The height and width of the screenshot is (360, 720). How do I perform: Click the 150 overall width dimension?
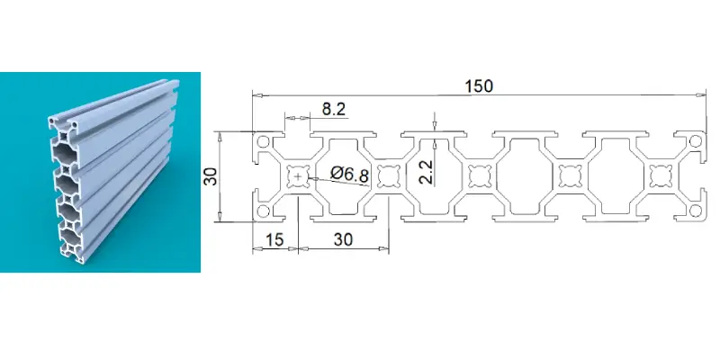(x=479, y=85)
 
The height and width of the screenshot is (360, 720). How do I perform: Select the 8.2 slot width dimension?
(x=333, y=109)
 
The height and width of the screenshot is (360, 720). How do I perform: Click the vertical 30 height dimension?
(x=211, y=176)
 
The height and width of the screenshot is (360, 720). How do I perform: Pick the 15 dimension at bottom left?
(x=274, y=239)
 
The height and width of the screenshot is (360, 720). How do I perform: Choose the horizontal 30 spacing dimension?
(x=344, y=239)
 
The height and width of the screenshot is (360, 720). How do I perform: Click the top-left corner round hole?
(x=263, y=142)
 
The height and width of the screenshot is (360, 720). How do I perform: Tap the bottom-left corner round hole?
(x=263, y=211)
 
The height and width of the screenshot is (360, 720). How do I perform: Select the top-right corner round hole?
(x=696, y=141)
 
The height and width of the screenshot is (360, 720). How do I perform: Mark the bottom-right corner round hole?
(x=696, y=211)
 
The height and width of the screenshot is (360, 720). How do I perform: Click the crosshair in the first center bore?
(x=299, y=176)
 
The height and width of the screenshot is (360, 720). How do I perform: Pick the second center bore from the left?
(x=389, y=176)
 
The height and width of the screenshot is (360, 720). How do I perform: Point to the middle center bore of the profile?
(x=480, y=176)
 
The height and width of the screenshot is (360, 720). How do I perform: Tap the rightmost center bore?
(x=661, y=176)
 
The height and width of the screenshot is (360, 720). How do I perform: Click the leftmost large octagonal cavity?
(x=344, y=176)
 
